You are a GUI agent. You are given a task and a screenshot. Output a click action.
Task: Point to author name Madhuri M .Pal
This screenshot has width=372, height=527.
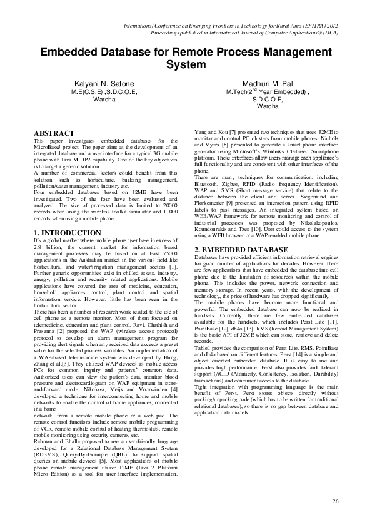tap(268, 83)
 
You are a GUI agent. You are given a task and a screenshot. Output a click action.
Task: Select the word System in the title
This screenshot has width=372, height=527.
tap(186, 65)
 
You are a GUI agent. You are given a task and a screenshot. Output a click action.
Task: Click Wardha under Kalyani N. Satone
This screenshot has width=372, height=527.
tap(104, 100)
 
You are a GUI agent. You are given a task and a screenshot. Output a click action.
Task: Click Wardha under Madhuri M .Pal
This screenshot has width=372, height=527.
tap(268, 106)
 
